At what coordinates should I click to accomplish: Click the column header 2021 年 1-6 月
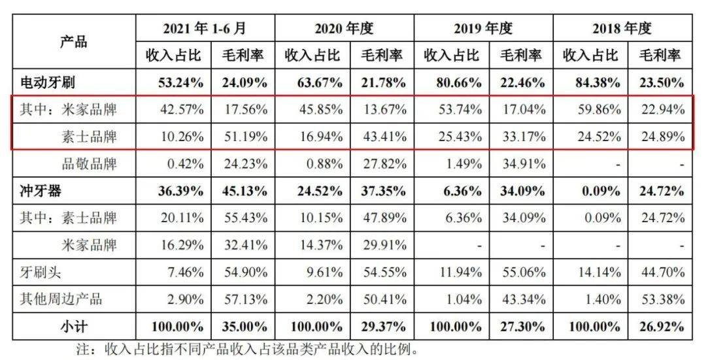coord(205,28)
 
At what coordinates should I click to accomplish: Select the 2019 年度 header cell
coord(483,28)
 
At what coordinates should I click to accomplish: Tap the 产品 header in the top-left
coord(73,41)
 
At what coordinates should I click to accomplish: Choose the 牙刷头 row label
coord(42,272)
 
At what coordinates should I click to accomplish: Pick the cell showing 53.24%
coord(173,83)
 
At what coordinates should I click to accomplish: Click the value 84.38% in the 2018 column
coord(590,83)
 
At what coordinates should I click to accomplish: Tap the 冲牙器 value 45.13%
coord(242,191)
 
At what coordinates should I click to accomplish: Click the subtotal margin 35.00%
coord(242,326)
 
